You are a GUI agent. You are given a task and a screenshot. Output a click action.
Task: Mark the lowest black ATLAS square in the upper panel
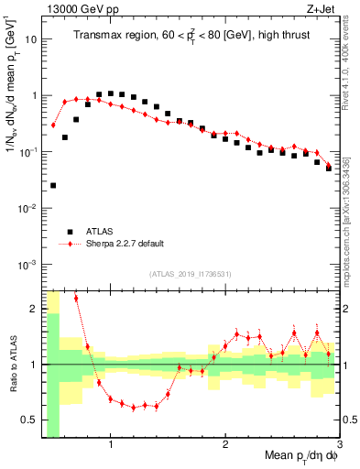[x=53, y=185]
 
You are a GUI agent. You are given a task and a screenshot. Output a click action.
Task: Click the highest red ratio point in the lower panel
[x=76, y=298]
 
